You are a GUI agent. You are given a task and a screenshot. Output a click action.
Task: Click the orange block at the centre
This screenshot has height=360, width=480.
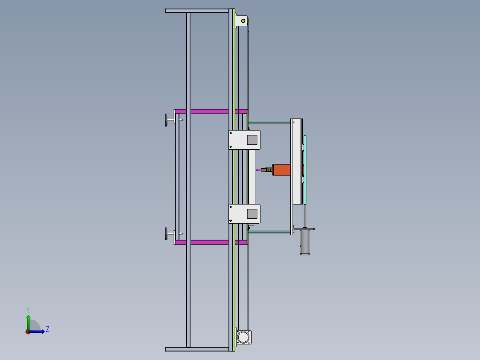point(282,170)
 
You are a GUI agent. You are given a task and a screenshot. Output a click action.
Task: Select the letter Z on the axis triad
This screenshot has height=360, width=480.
point(48,329)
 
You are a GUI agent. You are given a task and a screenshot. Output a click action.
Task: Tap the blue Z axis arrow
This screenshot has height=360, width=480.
point(38,331)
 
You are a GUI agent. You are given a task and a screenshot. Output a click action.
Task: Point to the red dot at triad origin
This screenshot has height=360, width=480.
point(28,331)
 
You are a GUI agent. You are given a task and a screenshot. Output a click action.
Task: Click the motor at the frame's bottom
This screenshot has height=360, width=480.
point(244,337)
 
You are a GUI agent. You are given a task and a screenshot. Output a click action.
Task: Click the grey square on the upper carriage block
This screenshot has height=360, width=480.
point(253,139)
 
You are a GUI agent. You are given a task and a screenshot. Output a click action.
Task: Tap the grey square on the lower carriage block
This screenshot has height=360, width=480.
point(253,213)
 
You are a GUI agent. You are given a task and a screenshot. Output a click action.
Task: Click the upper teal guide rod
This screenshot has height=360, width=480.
point(269,122)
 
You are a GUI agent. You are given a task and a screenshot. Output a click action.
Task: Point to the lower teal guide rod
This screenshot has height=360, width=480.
point(269,231)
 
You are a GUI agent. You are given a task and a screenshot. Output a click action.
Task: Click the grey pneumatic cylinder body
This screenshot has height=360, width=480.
point(305,242)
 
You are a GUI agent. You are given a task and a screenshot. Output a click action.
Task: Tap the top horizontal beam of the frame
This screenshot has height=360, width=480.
point(198,11)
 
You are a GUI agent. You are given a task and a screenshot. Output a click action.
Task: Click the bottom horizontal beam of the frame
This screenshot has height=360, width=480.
point(198,349)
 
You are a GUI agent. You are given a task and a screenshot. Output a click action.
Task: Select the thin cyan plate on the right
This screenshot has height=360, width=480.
point(305,169)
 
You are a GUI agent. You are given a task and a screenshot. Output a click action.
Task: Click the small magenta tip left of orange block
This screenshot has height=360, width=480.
point(259,170)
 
